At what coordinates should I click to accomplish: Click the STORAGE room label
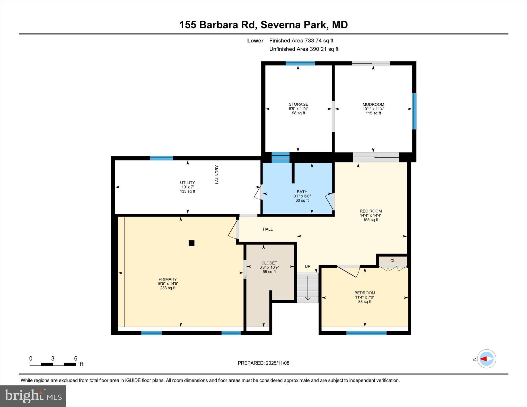(298, 104)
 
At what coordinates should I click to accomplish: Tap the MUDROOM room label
(373, 104)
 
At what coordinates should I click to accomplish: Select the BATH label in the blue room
(302, 192)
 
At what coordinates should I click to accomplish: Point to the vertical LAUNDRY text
(217, 175)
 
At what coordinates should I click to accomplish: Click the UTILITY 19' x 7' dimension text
(187, 187)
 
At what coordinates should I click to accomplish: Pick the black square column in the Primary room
(191, 243)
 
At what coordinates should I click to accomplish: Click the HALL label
(268, 229)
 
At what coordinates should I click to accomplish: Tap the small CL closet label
(393, 261)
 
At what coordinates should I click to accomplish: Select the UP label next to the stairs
(308, 266)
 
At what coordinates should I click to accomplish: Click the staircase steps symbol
(308, 288)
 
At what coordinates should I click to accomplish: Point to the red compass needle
(483, 359)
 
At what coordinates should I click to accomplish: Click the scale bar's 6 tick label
(76, 358)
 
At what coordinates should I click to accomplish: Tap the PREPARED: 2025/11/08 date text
(263, 363)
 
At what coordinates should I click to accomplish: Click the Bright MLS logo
(33, 396)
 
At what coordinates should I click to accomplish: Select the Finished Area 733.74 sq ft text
(301, 41)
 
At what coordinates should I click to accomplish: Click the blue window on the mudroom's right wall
(414, 111)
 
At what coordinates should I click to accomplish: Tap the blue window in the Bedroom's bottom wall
(366, 333)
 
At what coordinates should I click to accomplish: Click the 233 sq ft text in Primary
(168, 288)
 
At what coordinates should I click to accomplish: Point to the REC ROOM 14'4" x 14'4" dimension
(371, 215)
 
